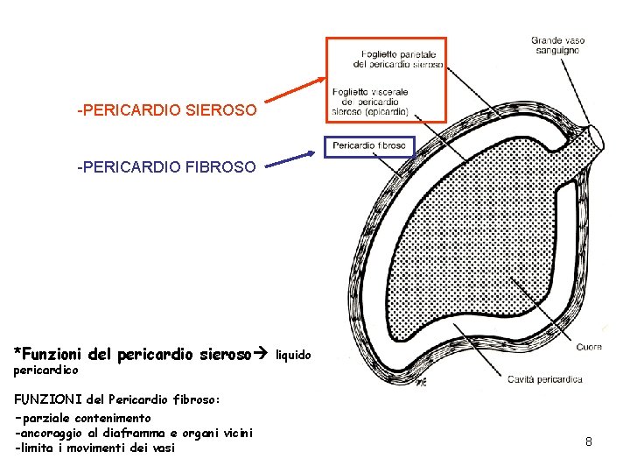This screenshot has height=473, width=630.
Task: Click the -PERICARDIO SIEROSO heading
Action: pyautogui.click(x=167, y=111)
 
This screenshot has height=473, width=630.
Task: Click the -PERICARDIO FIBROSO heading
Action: pyautogui.click(x=167, y=166)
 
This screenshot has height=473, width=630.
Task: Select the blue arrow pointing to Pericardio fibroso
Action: pyautogui.click(x=290, y=159)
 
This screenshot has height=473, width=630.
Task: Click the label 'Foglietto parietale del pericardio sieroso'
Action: pyautogui.click(x=398, y=59)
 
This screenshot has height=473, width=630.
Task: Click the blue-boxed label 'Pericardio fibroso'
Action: pyautogui.click(x=369, y=145)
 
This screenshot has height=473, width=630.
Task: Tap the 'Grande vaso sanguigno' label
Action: pyautogui.click(x=557, y=46)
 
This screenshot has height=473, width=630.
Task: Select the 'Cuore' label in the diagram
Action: pyautogui.click(x=589, y=348)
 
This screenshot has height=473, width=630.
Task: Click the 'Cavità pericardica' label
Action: pyautogui.click(x=545, y=379)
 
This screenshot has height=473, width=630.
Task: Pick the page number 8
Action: pyautogui.click(x=589, y=441)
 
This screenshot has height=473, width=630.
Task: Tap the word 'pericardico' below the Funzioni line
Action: pyautogui.click(x=39, y=371)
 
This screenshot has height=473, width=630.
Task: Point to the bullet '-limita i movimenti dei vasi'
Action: pyautogui.click(x=94, y=448)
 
